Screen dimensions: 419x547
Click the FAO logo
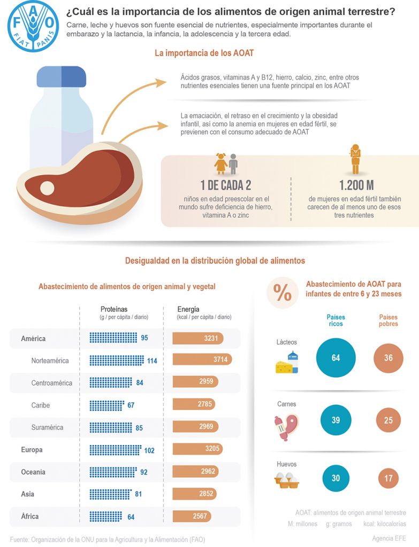tap(33, 27)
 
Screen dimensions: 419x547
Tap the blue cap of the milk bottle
tap(62, 76)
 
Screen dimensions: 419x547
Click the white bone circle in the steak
tap(47, 188)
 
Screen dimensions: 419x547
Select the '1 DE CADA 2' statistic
tap(226, 185)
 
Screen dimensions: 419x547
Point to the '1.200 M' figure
tap(356, 185)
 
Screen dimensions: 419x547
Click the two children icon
tap(226, 163)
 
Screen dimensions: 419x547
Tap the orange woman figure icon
tap(355, 159)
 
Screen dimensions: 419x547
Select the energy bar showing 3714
tap(202, 360)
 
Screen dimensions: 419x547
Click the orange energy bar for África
tap(192, 516)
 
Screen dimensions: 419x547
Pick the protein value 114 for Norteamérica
tap(152, 361)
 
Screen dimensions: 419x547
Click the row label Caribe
tap(41, 405)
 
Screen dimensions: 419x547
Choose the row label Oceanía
tap(33, 472)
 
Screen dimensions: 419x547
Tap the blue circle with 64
tap(336, 357)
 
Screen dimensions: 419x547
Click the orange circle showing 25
tap(388, 420)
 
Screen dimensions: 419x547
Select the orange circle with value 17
tap(388, 478)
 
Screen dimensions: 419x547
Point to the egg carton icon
tap(286, 480)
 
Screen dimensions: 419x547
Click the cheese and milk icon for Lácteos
tap(287, 363)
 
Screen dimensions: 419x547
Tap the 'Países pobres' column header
tap(388, 321)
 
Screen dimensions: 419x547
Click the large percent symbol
tap(283, 292)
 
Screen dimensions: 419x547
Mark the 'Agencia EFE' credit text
tap(389, 538)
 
